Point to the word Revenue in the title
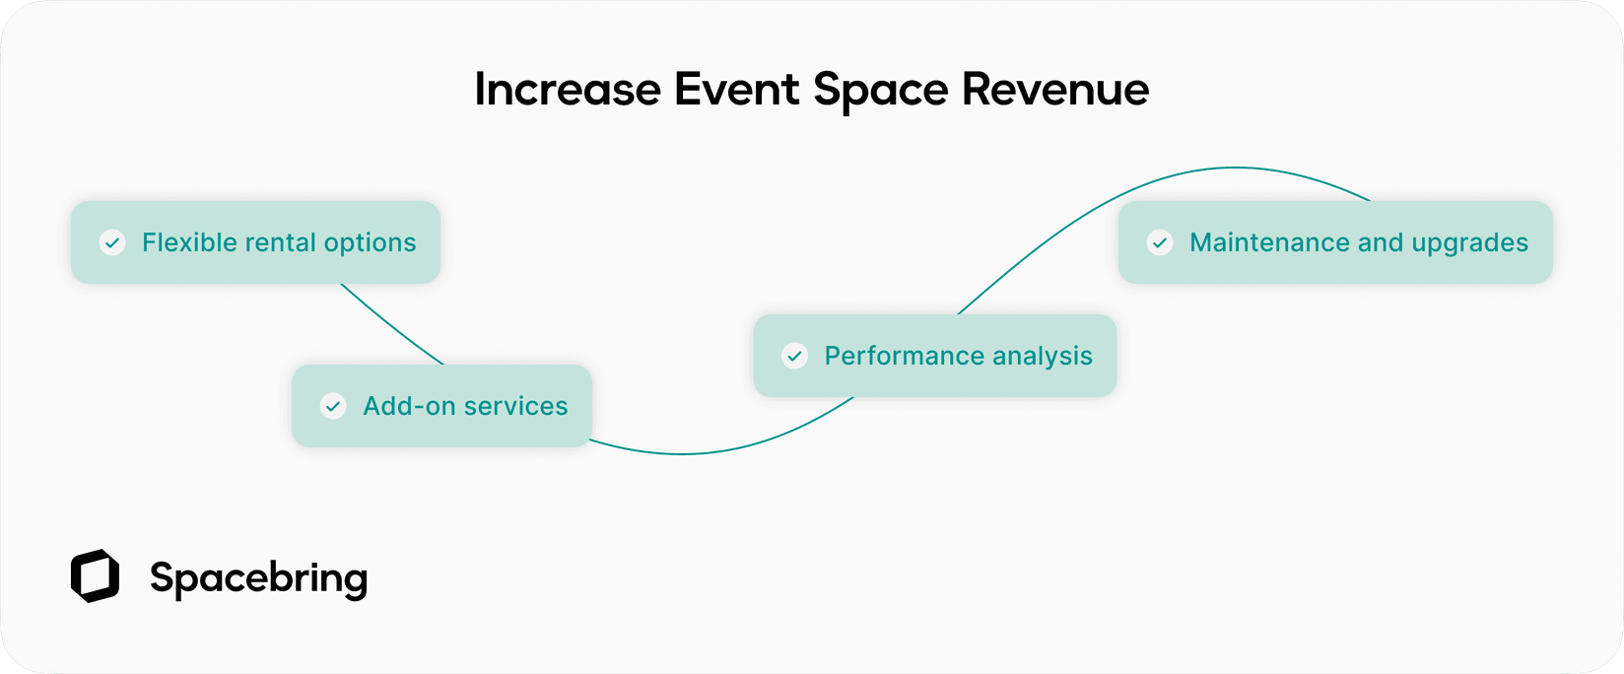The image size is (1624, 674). click(x=1054, y=90)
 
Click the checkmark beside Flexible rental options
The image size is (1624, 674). click(x=113, y=242)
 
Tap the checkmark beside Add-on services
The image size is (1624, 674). click(x=334, y=406)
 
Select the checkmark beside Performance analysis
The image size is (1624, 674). click(x=795, y=356)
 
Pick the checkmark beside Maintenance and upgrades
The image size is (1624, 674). click(x=1161, y=242)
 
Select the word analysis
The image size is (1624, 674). click(x=1046, y=357)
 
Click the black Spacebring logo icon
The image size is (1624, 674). click(x=96, y=576)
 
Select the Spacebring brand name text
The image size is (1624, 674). click(x=258, y=578)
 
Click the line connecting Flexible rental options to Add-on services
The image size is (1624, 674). click(x=391, y=326)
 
